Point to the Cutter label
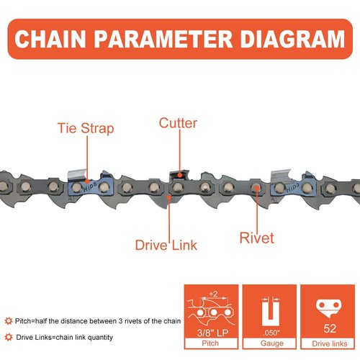click(178, 123)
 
